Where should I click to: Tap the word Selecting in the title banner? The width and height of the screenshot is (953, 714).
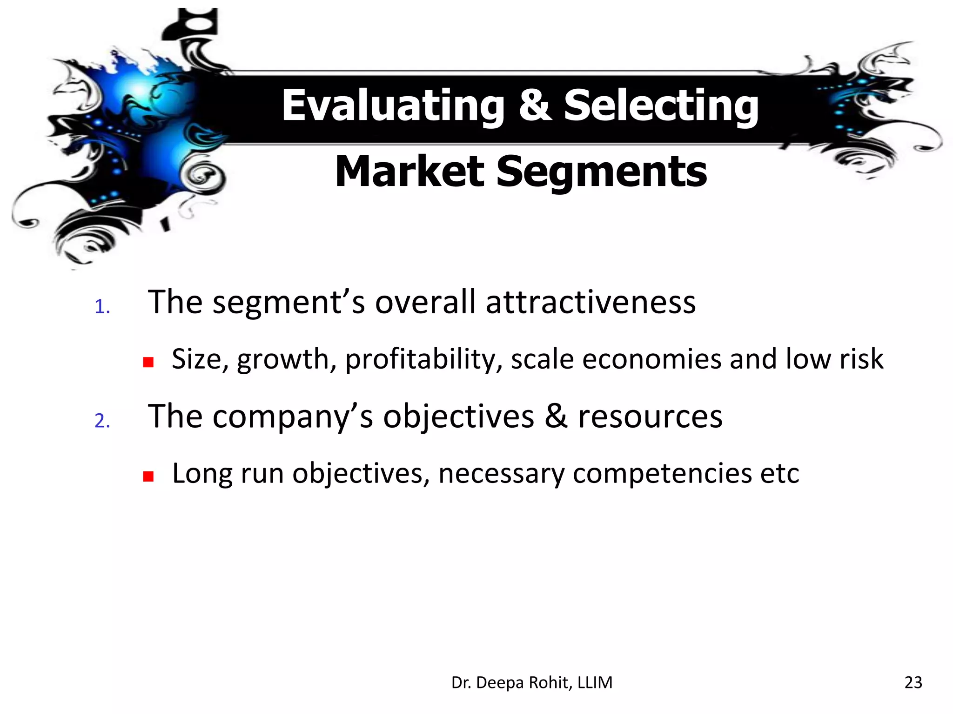pyautogui.click(x=661, y=106)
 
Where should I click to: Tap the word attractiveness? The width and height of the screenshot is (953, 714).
pyautogui.click(x=591, y=302)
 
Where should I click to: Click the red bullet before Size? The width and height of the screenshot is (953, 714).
pyautogui.click(x=148, y=363)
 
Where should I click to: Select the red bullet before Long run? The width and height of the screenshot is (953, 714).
pyautogui.click(x=148, y=476)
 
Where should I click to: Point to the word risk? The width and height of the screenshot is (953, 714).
pyautogui.click(x=861, y=359)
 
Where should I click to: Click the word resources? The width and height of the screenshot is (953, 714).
pyautogui.click(x=650, y=416)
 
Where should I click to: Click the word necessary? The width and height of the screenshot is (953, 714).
pyautogui.click(x=501, y=474)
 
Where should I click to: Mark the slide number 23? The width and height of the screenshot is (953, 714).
pyautogui.click(x=913, y=682)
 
